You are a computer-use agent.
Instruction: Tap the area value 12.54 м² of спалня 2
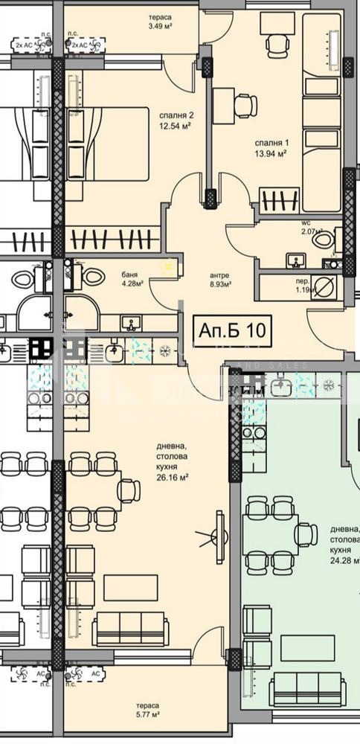[176, 125]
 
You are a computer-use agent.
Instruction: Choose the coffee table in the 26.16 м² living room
[130, 588]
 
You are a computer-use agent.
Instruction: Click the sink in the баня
[132, 323]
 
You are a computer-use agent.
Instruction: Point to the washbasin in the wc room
[297, 260]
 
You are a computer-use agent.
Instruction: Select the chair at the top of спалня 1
[276, 45]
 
